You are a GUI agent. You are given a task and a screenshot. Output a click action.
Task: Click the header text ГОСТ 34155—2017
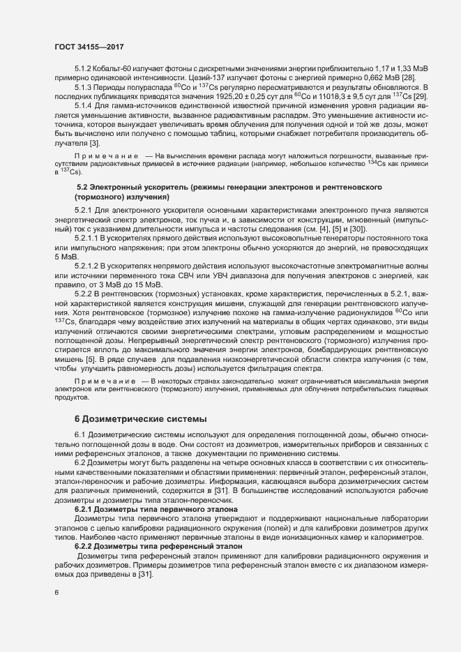84,45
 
